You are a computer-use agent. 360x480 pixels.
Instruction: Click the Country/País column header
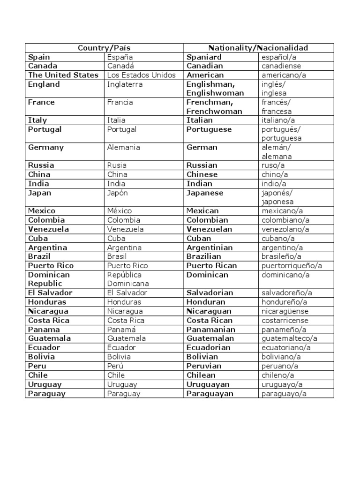(104, 48)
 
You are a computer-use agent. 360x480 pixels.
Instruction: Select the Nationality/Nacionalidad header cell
(258, 48)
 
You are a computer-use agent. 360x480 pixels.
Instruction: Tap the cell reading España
(120, 57)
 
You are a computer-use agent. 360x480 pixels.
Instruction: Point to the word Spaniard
(204, 57)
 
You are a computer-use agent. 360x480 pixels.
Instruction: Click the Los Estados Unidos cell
(141, 75)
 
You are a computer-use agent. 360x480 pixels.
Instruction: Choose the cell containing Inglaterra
(124, 84)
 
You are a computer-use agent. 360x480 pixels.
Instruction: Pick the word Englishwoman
(215, 93)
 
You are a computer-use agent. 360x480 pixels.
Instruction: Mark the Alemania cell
(123, 148)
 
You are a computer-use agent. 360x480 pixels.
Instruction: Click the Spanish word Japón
(117, 193)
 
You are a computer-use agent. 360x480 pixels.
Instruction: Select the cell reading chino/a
(274, 175)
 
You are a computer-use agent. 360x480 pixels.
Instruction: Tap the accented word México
(120, 211)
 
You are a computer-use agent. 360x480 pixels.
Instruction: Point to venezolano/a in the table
(285, 229)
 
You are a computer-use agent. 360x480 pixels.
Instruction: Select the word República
(124, 275)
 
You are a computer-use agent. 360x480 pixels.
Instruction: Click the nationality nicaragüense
(285, 311)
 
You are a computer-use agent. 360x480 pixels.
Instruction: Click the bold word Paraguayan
(210, 394)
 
